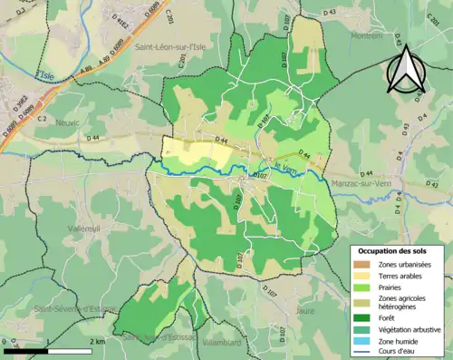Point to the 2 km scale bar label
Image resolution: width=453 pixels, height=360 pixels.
pos(97,341)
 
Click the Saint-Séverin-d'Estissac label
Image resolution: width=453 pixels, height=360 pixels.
pos(78,309)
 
